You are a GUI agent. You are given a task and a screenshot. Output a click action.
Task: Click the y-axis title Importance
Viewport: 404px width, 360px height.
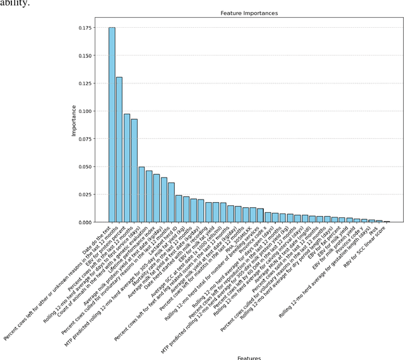74,121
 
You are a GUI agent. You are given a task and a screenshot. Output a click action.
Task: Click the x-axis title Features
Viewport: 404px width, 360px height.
249,357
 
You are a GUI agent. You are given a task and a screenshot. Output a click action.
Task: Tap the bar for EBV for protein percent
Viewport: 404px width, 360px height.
127,168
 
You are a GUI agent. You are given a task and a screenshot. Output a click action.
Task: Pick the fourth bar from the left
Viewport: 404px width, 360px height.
134,171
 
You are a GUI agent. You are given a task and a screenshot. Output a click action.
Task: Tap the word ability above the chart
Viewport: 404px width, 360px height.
13,3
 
